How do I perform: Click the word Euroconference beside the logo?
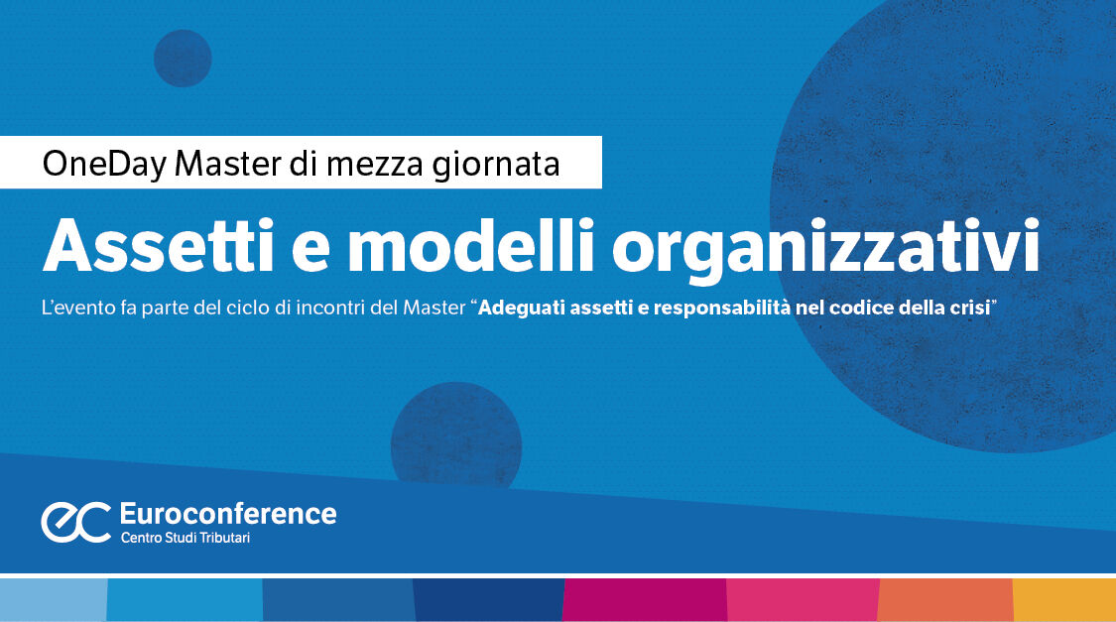pyautogui.click(x=227, y=514)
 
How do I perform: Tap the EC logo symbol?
pyautogui.click(x=75, y=522)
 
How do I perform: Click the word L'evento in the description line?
pyautogui.click(x=74, y=309)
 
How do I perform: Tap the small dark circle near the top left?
pyautogui.click(x=183, y=58)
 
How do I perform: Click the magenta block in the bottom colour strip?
pyautogui.click(x=645, y=599)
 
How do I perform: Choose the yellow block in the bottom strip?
pyautogui.click(x=1063, y=599)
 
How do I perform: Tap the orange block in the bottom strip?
pyautogui.click(x=944, y=599)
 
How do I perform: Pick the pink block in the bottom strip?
pyautogui.click(x=803, y=599)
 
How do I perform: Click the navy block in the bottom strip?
pyautogui.click(x=488, y=599)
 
